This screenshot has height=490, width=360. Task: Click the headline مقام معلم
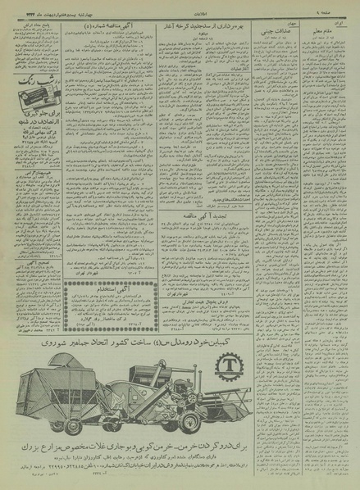pos(328,31)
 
